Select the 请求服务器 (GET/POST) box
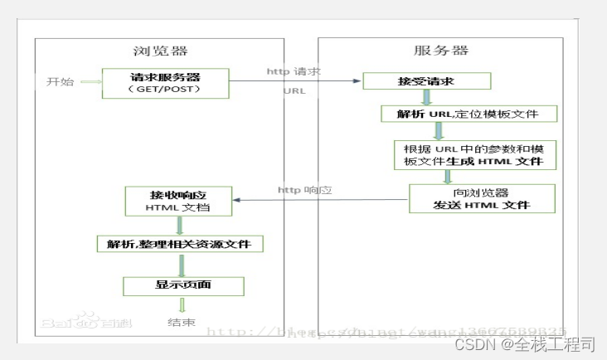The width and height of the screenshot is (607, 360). (x=165, y=83)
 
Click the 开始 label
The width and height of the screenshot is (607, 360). (x=60, y=82)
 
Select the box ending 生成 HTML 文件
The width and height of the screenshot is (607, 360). (x=474, y=155)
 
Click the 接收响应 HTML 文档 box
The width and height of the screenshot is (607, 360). (x=178, y=200)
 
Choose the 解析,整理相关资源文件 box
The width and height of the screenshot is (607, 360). (x=180, y=243)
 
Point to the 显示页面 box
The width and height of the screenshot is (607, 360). (x=183, y=286)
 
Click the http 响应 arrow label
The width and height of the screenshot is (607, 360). (x=304, y=190)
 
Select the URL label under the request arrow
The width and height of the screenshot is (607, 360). (x=294, y=90)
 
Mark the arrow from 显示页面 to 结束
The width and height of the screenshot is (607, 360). (x=182, y=304)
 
